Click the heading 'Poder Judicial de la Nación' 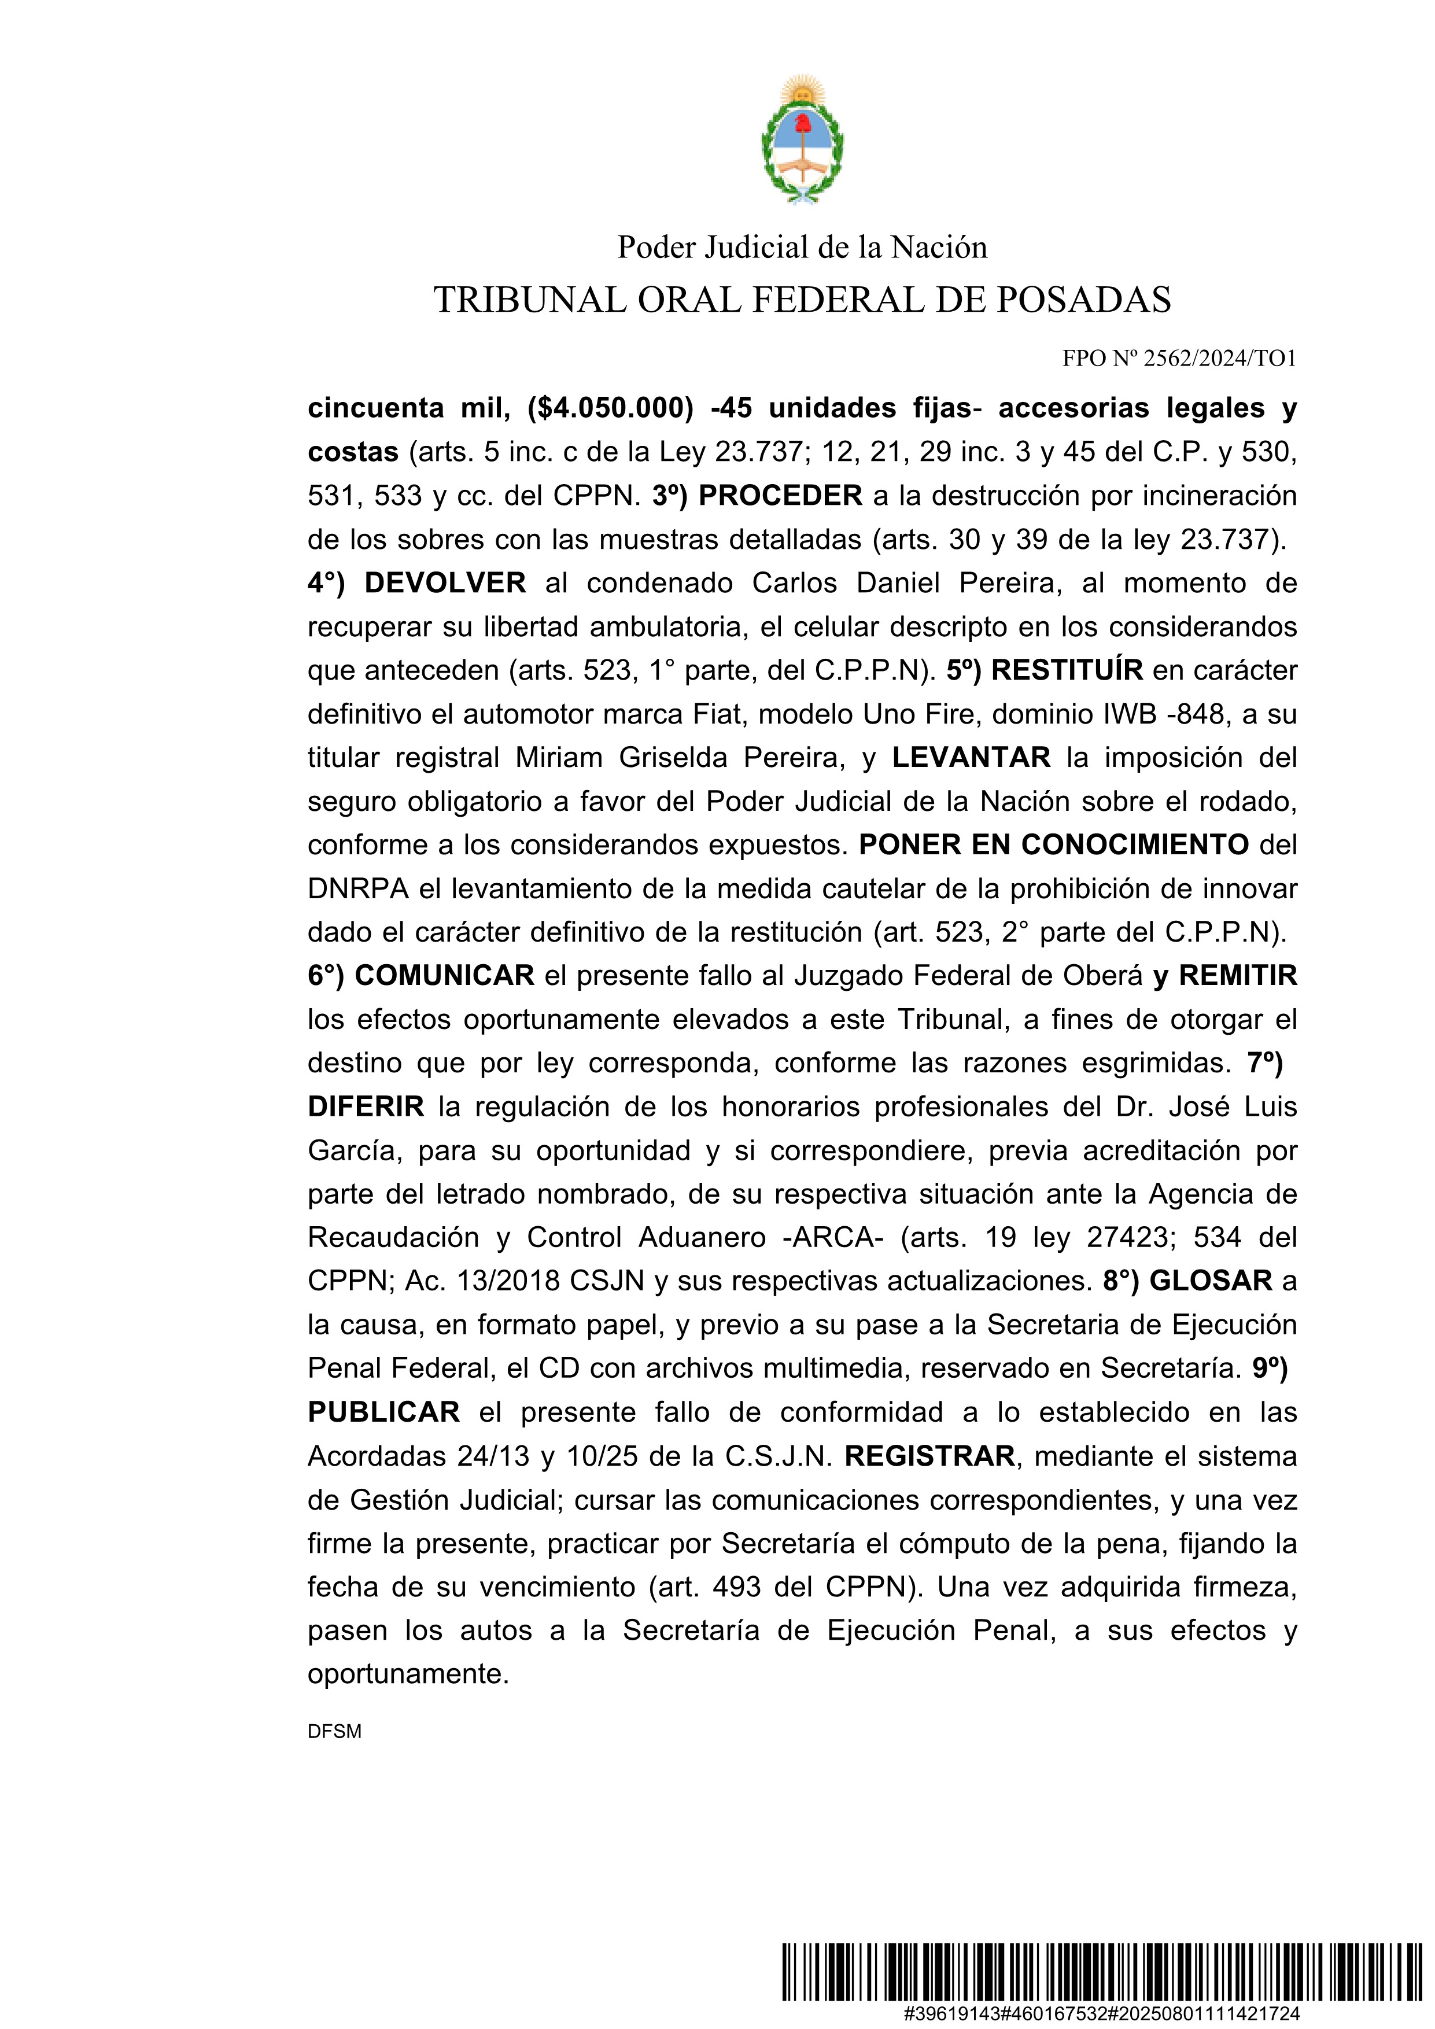(x=802, y=248)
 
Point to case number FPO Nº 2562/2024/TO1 (x=1179, y=358)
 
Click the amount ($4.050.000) (x=610, y=408)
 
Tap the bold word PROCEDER (x=780, y=496)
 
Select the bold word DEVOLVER (x=445, y=583)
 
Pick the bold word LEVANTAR (x=971, y=757)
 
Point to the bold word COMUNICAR (x=444, y=976)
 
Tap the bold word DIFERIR (x=366, y=1106)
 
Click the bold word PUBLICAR (x=383, y=1412)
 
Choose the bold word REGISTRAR (x=929, y=1455)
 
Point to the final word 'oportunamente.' (x=408, y=1674)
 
